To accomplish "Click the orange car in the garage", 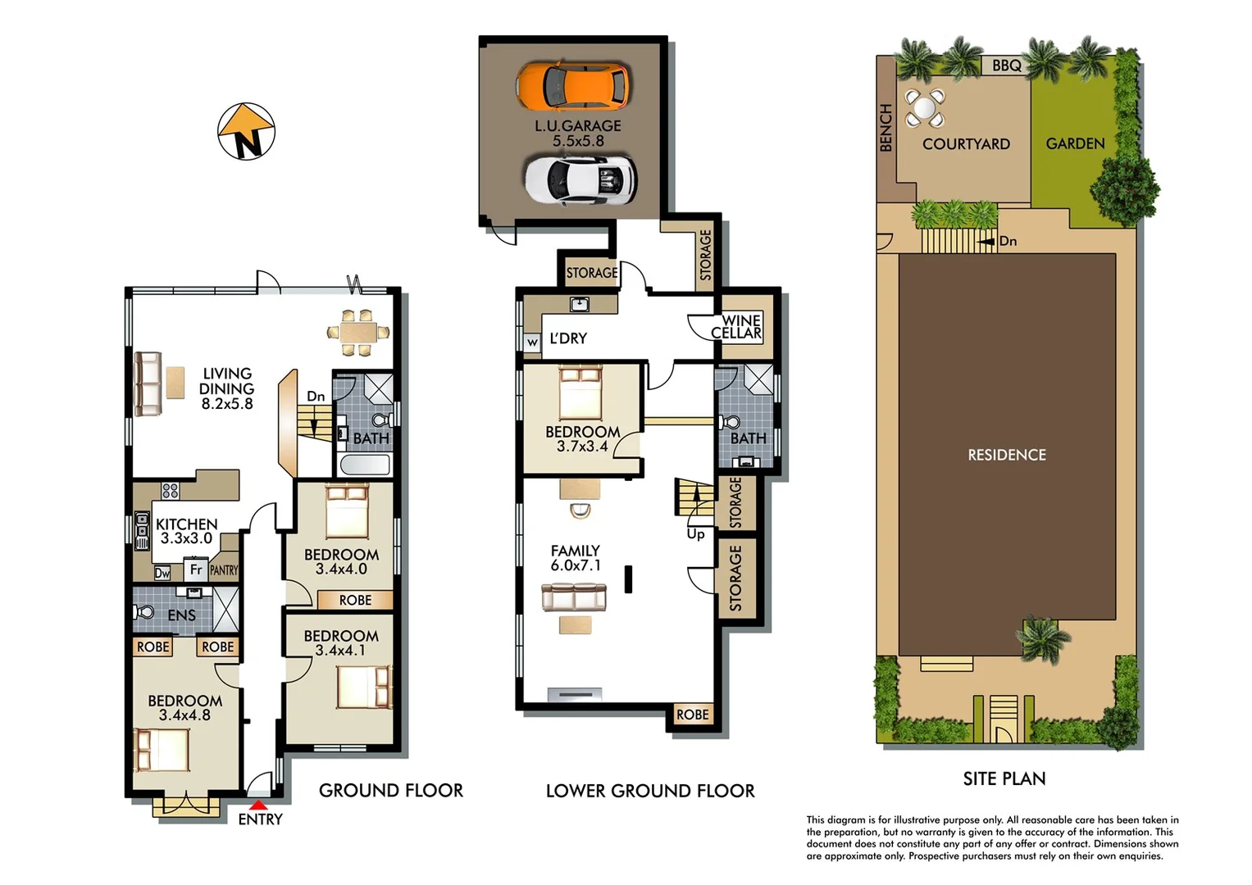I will pos(572,86).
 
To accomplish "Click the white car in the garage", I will pos(580,179).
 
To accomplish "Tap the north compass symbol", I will pos(246,132).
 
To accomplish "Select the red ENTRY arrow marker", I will pos(258,806).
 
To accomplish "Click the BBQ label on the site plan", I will pos(1007,66).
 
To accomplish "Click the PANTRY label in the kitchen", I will pos(224,570).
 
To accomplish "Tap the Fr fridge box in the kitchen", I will pos(196,570).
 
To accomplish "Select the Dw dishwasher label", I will pos(162,573).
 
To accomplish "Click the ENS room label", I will pos(181,615).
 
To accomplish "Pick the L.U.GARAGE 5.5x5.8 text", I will pos(578,133).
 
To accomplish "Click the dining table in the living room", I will pos(357,333).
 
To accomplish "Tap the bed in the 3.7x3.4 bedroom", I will pos(580,393).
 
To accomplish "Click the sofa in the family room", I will pos(574,597).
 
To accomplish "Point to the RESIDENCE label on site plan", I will pos(1007,455).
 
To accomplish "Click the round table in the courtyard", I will pos(924,108).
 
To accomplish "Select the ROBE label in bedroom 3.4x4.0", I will pos(355,601).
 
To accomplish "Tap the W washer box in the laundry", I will pos(532,342).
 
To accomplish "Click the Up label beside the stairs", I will pos(695,534).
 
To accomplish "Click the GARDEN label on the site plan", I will pos(1075,143).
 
